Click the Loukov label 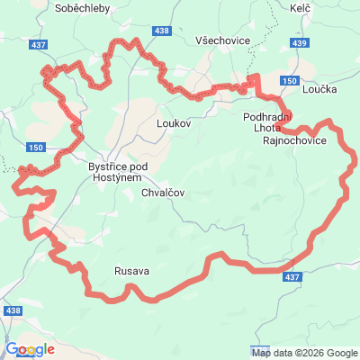tap(174, 121)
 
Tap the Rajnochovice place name tap(294, 140)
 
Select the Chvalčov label tap(162, 192)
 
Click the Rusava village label tap(131, 270)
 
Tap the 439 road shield tap(300, 42)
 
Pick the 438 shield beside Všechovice tap(161, 31)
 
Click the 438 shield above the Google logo tap(13, 310)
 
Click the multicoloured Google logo tap(30, 349)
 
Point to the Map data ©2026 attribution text tap(305, 352)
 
